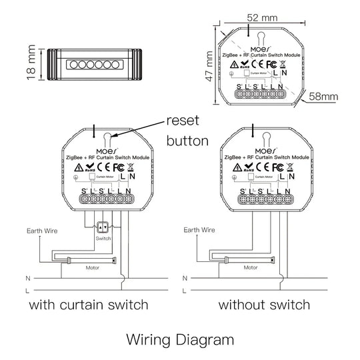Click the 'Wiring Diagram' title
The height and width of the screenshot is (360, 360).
tap(180, 339)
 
